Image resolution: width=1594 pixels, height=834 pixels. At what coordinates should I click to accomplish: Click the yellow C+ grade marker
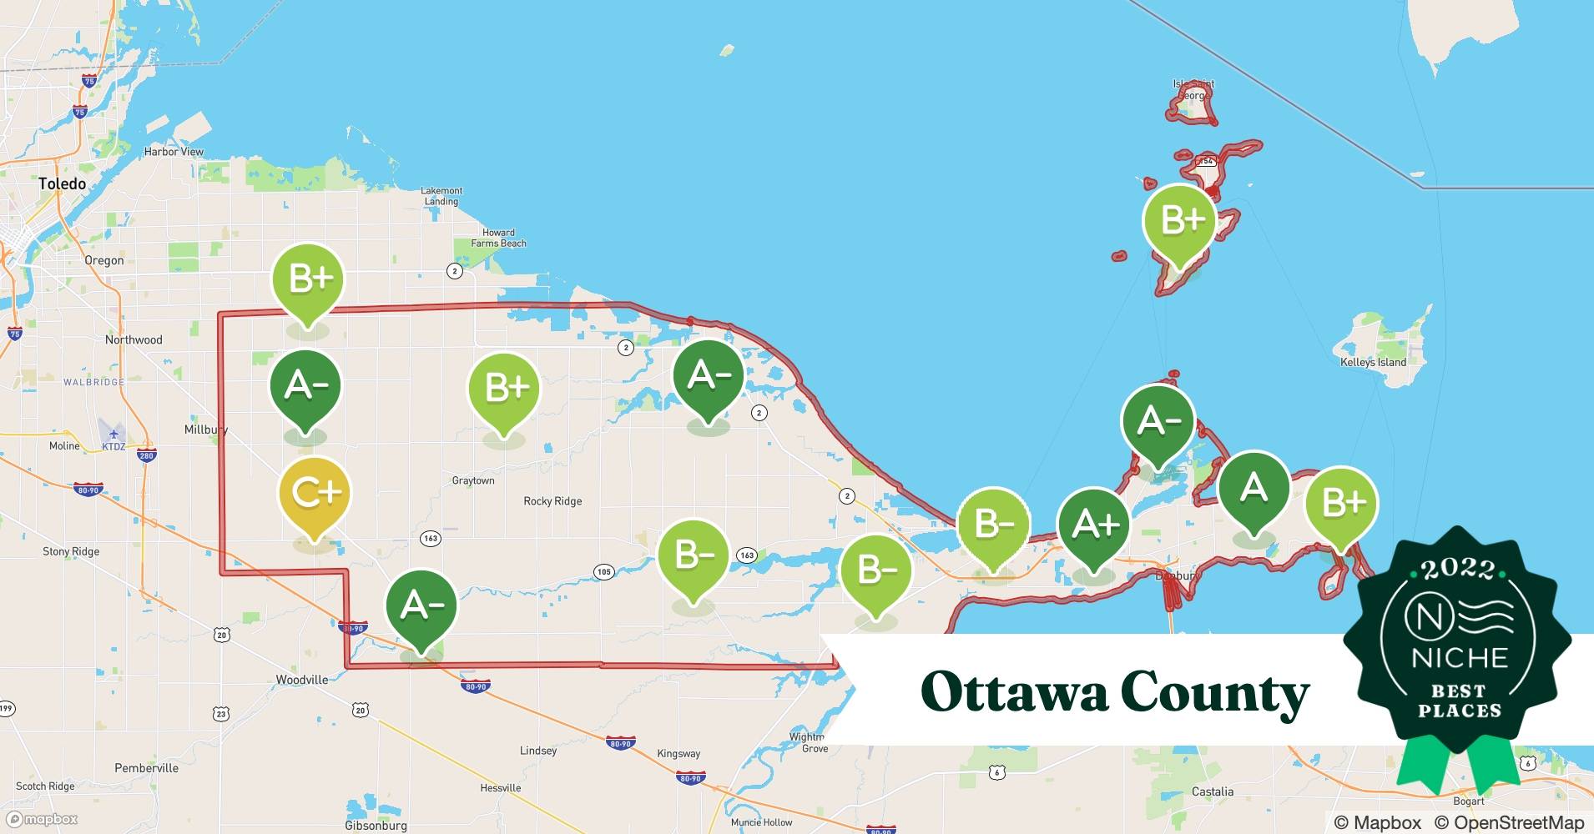tap(314, 494)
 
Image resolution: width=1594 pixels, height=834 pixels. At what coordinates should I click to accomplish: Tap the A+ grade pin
tap(1093, 525)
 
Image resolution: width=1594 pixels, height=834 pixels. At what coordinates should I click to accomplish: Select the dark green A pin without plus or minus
tap(1254, 489)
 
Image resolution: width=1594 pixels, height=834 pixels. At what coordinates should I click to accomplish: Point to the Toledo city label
tap(62, 183)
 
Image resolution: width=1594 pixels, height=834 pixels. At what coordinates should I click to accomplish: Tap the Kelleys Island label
tap(1373, 362)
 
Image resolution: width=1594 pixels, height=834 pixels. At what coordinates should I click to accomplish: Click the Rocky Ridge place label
tap(552, 501)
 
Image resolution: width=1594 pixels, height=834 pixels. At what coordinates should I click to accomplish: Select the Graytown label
tap(473, 480)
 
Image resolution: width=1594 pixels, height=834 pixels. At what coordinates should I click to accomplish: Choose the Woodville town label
tap(302, 680)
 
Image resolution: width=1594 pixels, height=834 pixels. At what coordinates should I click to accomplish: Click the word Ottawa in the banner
tap(1010, 692)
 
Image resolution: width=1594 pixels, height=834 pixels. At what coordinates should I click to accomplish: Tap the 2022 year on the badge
tap(1458, 569)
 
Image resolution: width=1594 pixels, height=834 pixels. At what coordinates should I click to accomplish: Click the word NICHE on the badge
tap(1460, 658)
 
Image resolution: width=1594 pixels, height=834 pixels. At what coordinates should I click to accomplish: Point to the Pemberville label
tap(146, 767)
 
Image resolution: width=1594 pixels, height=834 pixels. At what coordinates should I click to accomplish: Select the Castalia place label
tap(1212, 791)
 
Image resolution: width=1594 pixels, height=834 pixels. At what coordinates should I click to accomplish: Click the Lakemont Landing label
tap(441, 196)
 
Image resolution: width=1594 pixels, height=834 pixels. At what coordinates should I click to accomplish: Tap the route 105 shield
tap(603, 572)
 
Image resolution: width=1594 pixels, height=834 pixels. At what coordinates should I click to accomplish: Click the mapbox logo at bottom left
tap(42, 819)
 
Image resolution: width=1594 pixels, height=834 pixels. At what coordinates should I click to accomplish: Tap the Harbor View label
tap(174, 152)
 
